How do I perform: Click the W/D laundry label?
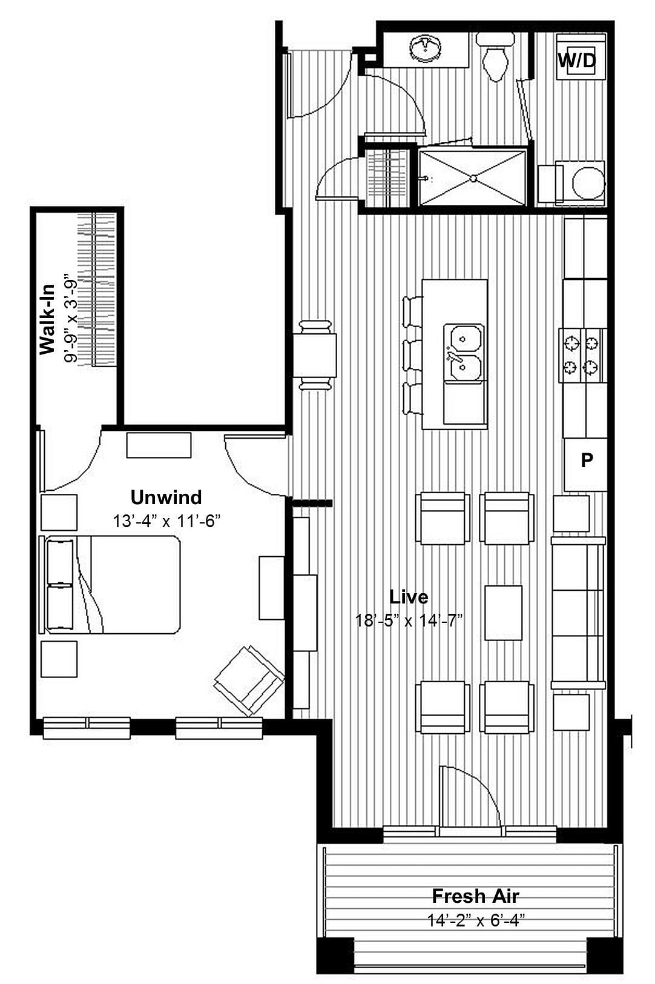[576, 60]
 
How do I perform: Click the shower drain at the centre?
[473, 178]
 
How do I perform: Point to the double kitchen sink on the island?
[464, 353]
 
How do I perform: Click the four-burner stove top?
[581, 355]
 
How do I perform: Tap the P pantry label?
[586, 460]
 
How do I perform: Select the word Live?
[409, 597]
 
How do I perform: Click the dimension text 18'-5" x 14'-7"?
[409, 620]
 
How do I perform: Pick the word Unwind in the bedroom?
[166, 497]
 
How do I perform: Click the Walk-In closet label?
[47, 319]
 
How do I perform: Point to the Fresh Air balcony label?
[475, 896]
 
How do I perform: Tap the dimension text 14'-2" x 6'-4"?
[475, 920]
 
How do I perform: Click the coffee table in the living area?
[503, 612]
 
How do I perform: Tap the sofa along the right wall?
[578, 613]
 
